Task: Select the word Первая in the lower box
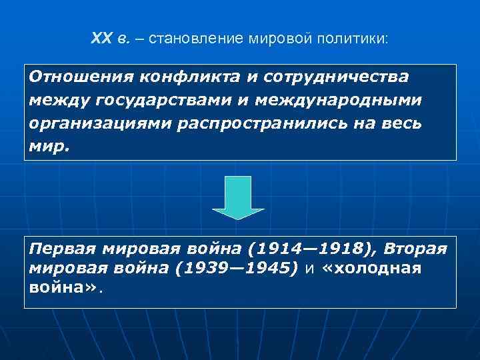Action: (62, 249)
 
